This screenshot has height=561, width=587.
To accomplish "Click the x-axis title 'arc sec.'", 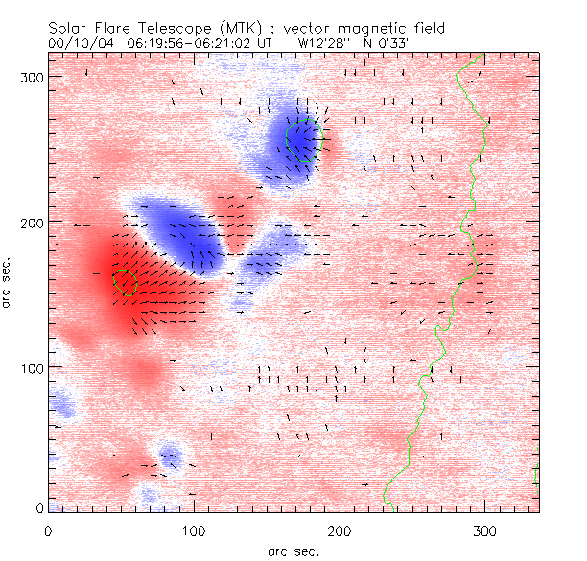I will pyautogui.click(x=292, y=551).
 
